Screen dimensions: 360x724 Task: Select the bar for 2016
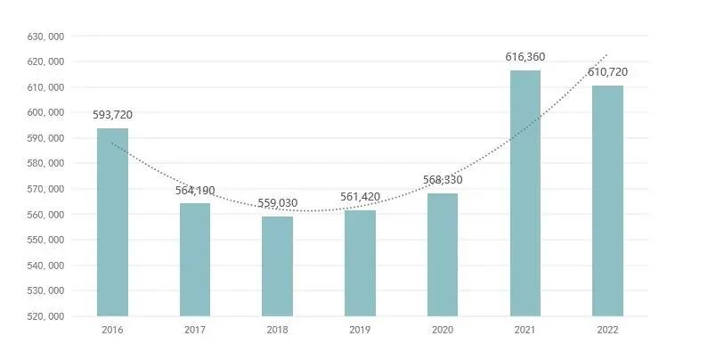(112, 222)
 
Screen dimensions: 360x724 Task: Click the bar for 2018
(277, 266)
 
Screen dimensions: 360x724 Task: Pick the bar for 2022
(607, 200)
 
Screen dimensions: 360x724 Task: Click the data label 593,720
(112, 114)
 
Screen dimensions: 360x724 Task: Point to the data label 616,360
(525, 57)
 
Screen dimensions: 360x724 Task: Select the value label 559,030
(277, 203)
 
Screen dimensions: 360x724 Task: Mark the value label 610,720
(608, 71)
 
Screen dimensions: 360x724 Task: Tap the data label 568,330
(443, 180)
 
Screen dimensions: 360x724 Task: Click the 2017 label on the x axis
(195, 330)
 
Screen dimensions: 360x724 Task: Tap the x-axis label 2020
(443, 330)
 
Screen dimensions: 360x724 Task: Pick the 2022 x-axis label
(607, 330)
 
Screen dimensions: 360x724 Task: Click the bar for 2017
(195, 259)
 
